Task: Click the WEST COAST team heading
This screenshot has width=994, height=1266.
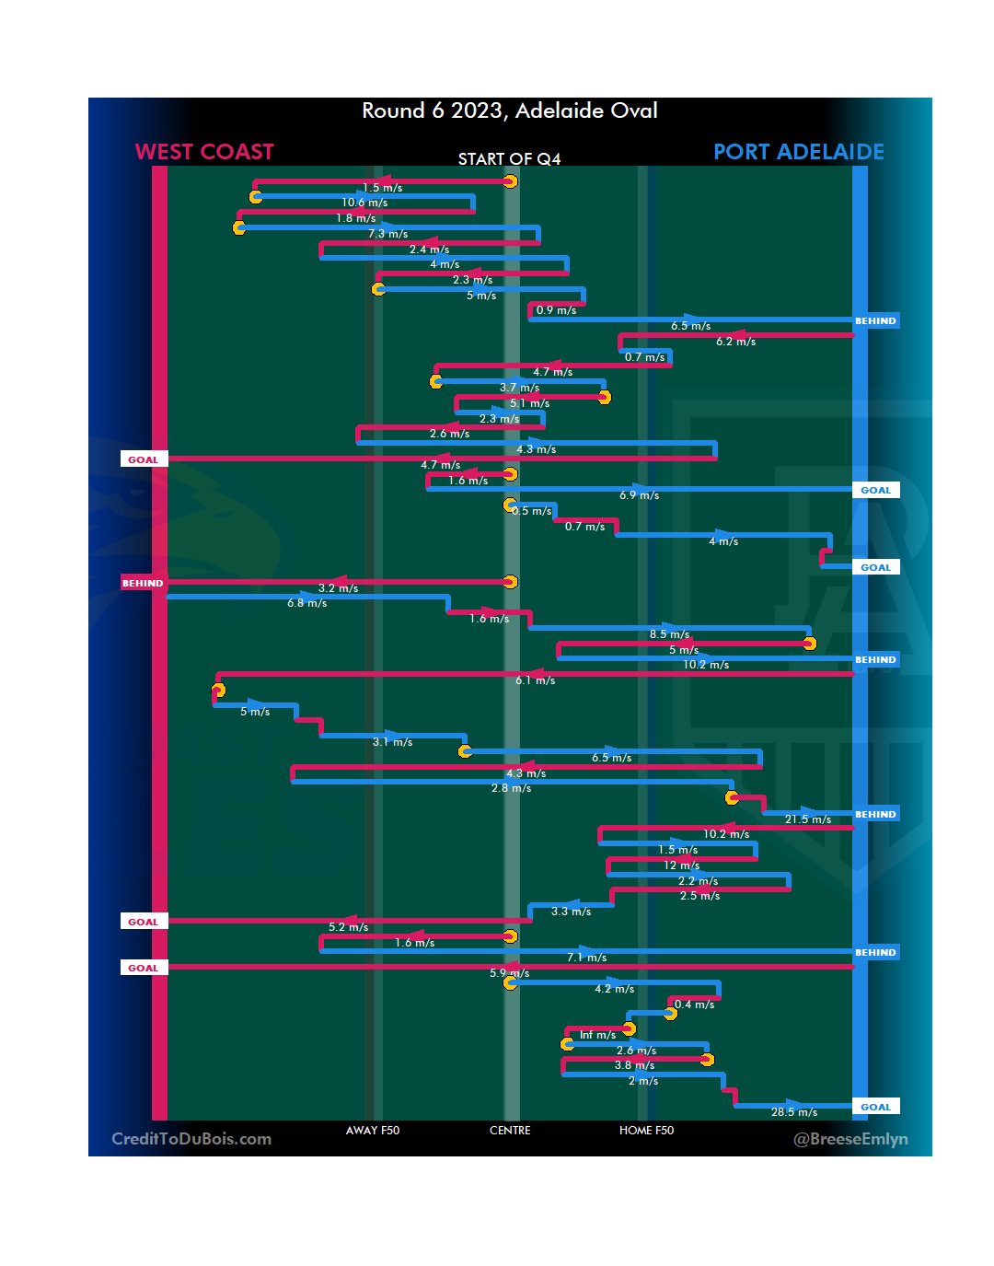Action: point(204,152)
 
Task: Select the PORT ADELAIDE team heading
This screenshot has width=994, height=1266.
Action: point(798,152)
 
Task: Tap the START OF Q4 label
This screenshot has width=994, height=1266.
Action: point(509,159)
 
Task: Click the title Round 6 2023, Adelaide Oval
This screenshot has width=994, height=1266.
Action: point(509,110)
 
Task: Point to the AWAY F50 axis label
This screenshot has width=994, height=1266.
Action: point(373,1131)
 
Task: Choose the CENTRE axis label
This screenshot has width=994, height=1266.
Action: point(510,1131)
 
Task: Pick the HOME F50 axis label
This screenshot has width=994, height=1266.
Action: point(646,1131)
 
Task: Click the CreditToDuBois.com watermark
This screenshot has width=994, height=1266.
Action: point(191,1139)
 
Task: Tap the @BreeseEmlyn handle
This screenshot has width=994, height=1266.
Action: point(850,1139)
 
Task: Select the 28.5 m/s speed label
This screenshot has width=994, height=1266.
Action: point(793,1112)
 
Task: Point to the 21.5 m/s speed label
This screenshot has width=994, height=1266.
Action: point(807,819)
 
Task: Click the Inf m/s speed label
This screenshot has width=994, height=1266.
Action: point(597,1035)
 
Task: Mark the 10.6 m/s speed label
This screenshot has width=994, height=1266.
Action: point(364,203)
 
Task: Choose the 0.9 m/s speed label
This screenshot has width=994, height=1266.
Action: point(556,310)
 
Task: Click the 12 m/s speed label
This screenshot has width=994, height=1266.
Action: point(681,865)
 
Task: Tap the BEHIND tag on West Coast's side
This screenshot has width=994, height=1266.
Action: point(143,583)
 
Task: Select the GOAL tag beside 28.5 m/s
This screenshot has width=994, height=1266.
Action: point(875,1107)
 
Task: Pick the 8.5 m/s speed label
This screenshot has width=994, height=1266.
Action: point(669,634)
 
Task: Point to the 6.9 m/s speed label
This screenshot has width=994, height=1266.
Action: point(639,495)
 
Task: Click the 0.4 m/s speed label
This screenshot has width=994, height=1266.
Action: point(694,1005)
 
